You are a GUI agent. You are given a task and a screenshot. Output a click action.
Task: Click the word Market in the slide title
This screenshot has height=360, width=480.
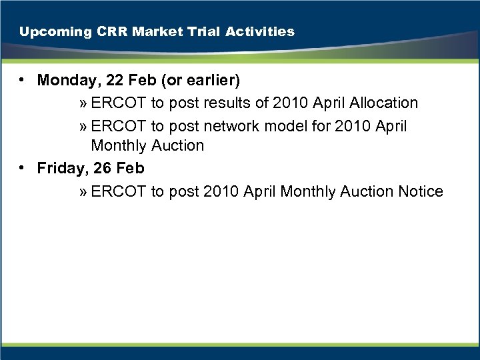(143, 31)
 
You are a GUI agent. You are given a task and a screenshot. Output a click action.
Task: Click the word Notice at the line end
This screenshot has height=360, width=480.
(421, 192)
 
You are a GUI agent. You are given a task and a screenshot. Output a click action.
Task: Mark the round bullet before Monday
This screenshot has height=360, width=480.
(23, 81)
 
